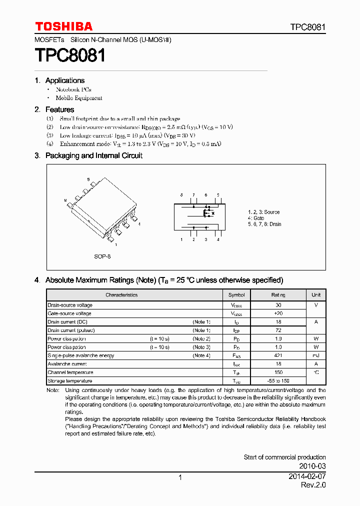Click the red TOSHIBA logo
click(x=63, y=26)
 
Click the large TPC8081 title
click(x=70, y=55)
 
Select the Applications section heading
click(x=64, y=80)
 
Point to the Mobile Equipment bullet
click(x=78, y=98)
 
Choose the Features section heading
click(x=59, y=109)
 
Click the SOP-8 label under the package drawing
click(x=102, y=256)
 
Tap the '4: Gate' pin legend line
click(x=256, y=218)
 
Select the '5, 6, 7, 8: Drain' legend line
click(x=264, y=224)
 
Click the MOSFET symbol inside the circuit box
click(x=207, y=213)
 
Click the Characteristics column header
click(x=121, y=295)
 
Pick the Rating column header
click(x=278, y=295)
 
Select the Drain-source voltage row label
click(x=70, y=305)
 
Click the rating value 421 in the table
click(x=278, y=355)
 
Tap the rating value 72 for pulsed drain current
click(x=278, y=330)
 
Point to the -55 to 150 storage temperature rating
click(x=278, y=381)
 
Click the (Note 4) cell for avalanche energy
click(x=201, y=355)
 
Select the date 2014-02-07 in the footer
click(x=307, y=477)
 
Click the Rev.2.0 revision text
click(x=313, y=485)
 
